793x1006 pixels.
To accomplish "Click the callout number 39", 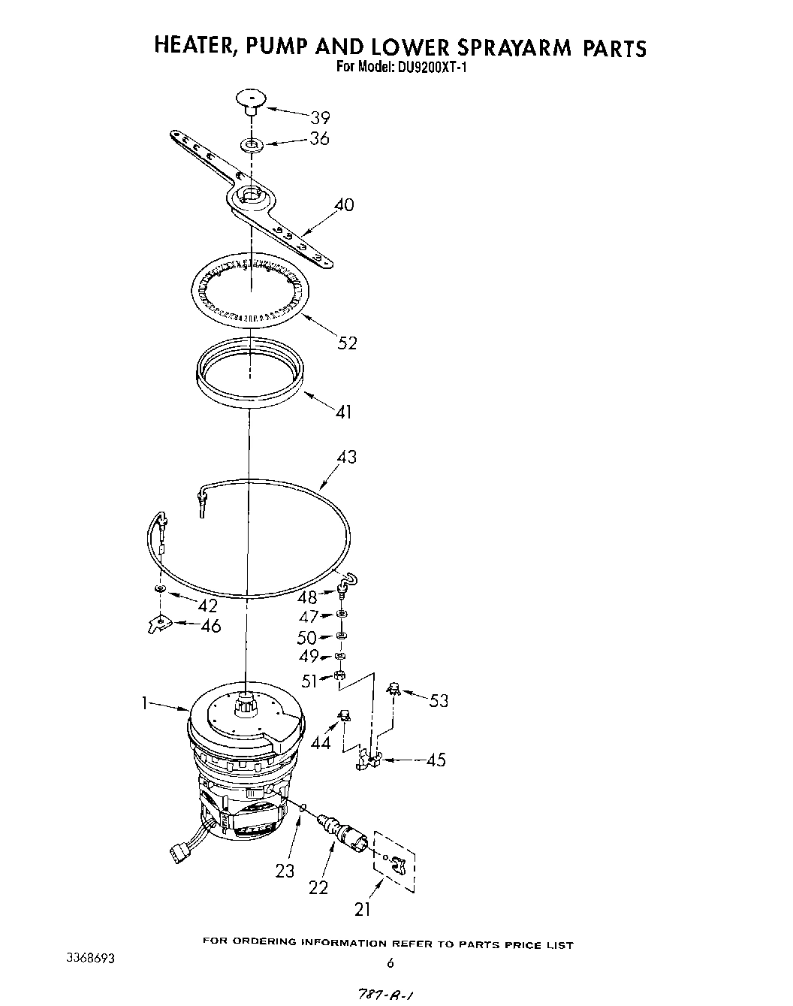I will point(320,118).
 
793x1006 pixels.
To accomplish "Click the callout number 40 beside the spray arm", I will point(343,205).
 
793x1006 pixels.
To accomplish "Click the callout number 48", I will point(307,598).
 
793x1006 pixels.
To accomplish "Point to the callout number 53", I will point(439,701).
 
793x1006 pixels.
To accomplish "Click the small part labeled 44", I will point(345,716).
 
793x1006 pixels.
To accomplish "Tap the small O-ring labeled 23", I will point(303,807).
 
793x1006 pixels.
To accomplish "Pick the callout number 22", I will point(318,887).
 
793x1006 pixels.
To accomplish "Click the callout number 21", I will point(363,910).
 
